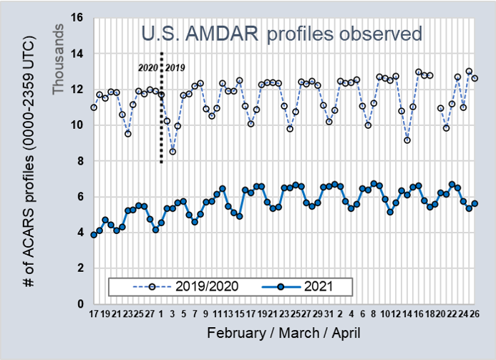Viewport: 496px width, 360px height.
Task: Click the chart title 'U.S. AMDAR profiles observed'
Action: coord(281,34)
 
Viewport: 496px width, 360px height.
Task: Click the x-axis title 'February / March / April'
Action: coord(285,334)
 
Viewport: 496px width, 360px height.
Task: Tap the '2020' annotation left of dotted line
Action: coord(147,68)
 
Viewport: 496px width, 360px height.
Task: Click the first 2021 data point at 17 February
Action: coord(94,235)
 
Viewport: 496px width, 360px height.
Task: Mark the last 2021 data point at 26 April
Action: coord(475,203)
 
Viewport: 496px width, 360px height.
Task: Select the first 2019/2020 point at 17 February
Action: coord(94,107)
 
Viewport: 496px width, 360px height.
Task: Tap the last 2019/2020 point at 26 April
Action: coord(475,78)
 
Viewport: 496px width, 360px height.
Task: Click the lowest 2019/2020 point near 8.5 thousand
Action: coord(172,152)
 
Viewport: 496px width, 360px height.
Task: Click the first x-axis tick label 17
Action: coord(94,313)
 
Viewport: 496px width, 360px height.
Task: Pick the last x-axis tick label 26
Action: coord(475,313)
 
